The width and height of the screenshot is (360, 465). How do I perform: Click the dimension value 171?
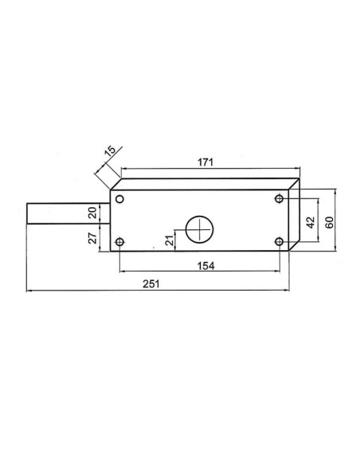tap(205, 162)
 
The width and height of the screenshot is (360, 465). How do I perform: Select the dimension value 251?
tap(151, 283)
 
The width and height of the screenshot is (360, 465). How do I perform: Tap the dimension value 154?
tap(205, 266)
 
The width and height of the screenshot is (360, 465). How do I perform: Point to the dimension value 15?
tap(111, 150)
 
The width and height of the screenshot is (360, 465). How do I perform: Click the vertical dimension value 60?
tap(329, 222)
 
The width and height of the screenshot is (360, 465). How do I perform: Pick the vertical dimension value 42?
tap(310, 222)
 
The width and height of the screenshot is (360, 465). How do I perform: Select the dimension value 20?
tap(92, 213)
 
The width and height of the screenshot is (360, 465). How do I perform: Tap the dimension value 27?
tap(92, 238)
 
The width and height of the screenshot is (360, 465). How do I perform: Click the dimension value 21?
tap(170, 240)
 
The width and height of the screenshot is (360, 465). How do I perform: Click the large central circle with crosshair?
tap(200, 229)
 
